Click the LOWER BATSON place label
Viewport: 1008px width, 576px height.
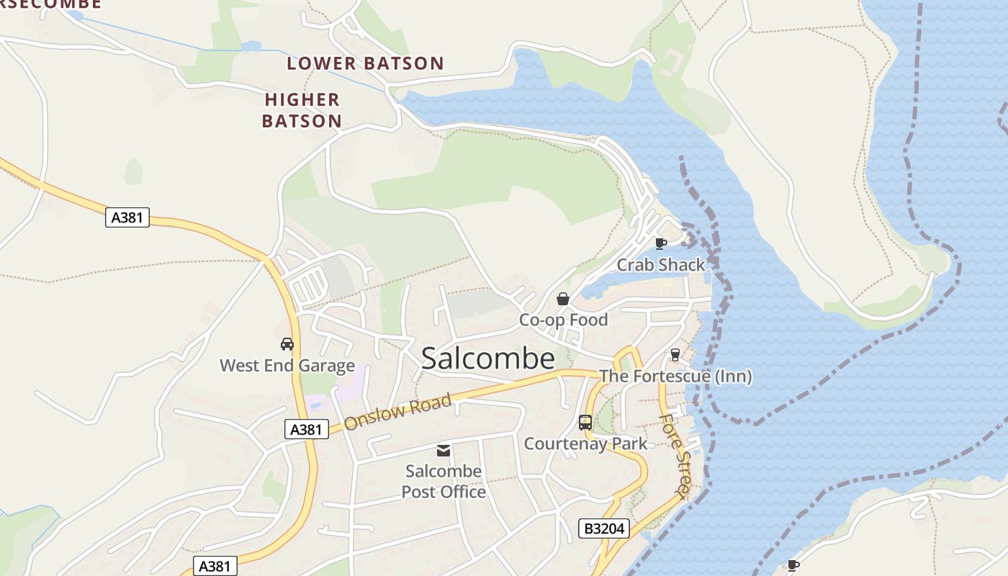(x=365, y=63)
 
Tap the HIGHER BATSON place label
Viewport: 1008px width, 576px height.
(x=302, y=110)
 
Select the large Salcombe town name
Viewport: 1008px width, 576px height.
(x=487, y=358)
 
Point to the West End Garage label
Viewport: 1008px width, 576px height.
(x=287, y=365)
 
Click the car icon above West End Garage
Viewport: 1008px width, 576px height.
(x=287, y=344)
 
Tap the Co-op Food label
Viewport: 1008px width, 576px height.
(x=564, y=320)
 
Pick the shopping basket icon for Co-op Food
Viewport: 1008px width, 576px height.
(x=563, y=299)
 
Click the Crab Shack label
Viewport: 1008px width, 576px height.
(x=661, y=265)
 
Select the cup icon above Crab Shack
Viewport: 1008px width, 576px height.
(x=660, y=243)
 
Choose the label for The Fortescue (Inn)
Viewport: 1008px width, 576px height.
(x=675, y=376)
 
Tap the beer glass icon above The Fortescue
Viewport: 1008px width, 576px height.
(x=675, y=354)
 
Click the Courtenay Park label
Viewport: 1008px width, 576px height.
(x=585, y=444)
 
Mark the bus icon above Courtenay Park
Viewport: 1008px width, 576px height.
(x=585, y=423)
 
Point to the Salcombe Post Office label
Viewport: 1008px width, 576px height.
(x=444, y=482)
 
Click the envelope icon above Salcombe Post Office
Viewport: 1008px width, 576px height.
(x=444, y=451)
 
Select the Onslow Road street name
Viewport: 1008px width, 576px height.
(x=397, y=412)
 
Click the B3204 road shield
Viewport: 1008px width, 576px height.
(x=604, y=529)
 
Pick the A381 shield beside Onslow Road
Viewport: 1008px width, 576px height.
(x=306, y=430)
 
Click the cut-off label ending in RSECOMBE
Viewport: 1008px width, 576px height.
(x=50, y=4)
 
